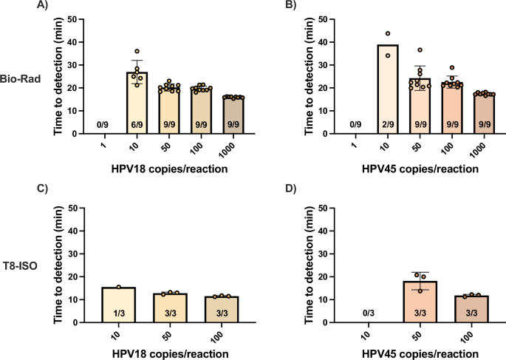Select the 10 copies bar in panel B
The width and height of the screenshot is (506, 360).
coord(386,89)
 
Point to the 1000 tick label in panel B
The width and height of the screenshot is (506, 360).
coord(485,148)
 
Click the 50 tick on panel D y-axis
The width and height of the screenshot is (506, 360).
coord(325,208)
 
